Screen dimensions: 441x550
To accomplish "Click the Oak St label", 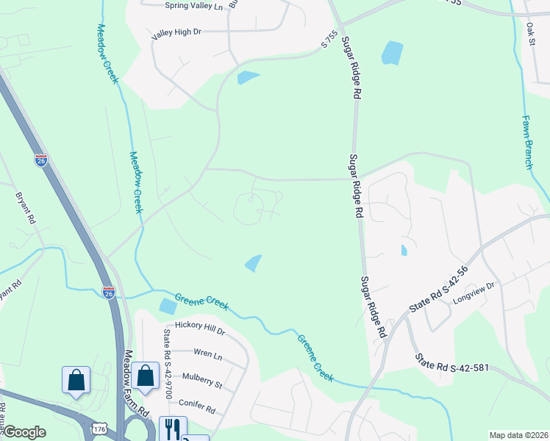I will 530,34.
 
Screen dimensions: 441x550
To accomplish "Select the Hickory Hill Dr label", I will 200,329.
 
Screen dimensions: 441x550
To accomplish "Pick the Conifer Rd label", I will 196,406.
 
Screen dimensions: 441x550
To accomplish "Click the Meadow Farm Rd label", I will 136,382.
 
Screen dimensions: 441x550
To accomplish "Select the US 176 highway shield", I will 99,428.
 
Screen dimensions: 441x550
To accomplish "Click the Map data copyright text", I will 518,435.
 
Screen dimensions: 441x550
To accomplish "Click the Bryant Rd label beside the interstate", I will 25,208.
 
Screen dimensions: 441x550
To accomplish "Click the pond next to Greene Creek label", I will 168,306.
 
